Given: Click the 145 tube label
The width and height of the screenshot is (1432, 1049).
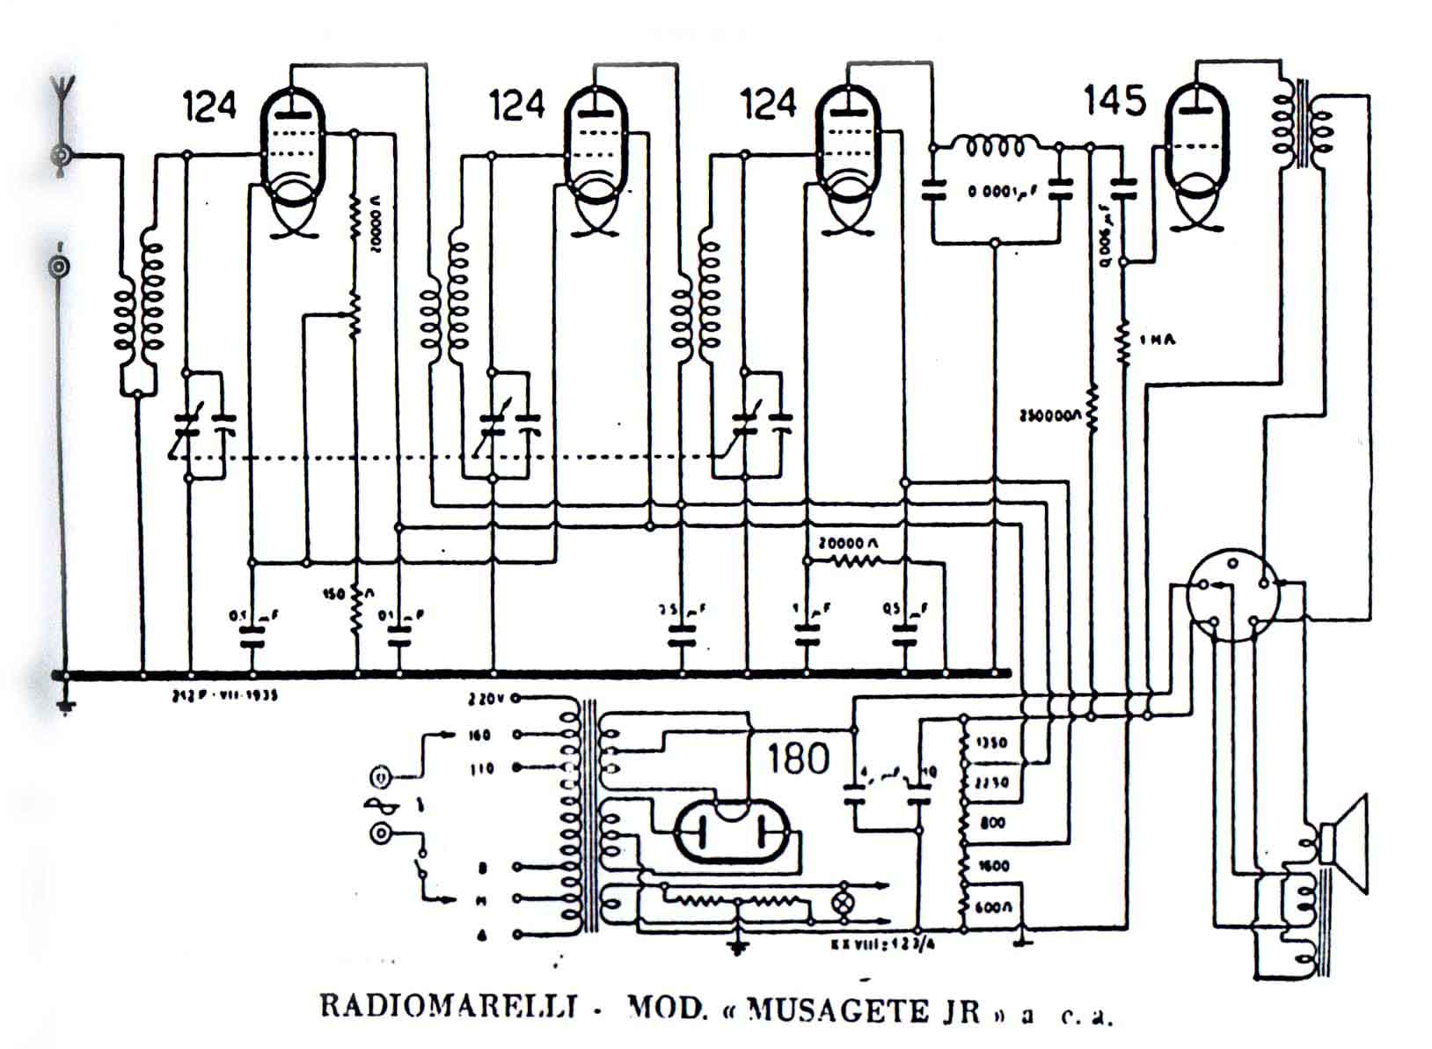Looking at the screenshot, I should (x=1114, y=101).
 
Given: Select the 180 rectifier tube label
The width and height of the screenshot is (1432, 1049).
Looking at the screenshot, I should (x=798, y=758).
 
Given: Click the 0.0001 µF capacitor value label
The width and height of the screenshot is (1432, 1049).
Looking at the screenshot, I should (x=1002, y=191).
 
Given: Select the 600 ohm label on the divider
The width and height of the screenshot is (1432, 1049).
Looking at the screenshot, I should (x=993, y=906).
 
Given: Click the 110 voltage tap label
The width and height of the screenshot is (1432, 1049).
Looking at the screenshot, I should (x=481, y=768).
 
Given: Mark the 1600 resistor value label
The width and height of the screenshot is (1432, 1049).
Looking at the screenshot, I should (x=993, y=866).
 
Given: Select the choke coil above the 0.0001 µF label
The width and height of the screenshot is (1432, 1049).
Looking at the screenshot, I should (x=994, y=145).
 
